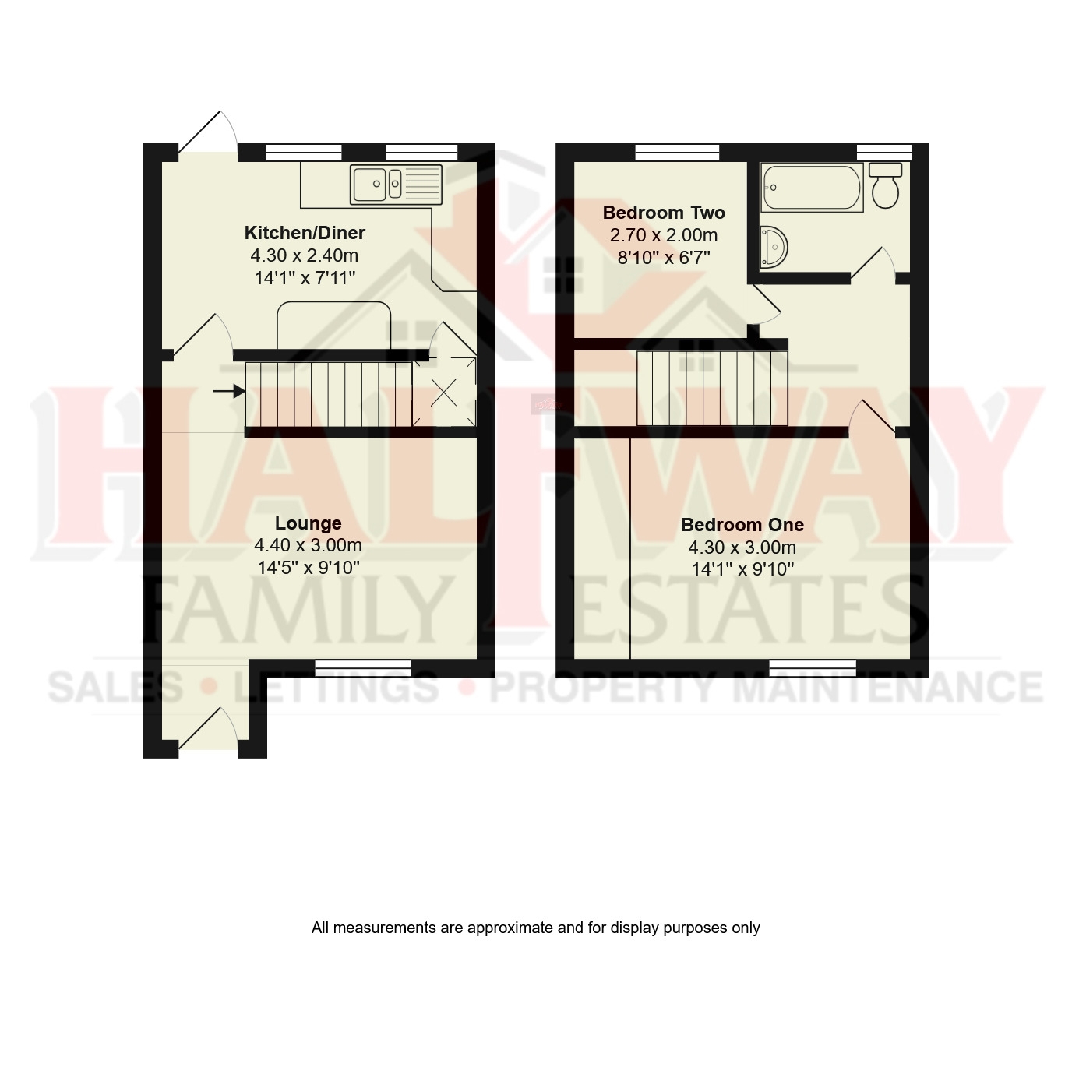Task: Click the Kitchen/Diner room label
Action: coord(305,233)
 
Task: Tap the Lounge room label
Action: coord(308,523)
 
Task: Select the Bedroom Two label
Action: coord(664,213)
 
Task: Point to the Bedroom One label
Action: coord(742,525)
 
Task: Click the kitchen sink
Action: coord(396,185)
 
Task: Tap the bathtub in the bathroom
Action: coord(812,188)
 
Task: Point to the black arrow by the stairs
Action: coord(227,391)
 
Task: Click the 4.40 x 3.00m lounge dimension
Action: coord(308,545)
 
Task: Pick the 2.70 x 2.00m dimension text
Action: coord(664,235)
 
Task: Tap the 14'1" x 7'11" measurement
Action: coord(305,277)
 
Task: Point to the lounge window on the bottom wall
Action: coord(363,667)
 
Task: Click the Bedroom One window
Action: coord(813,667)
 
